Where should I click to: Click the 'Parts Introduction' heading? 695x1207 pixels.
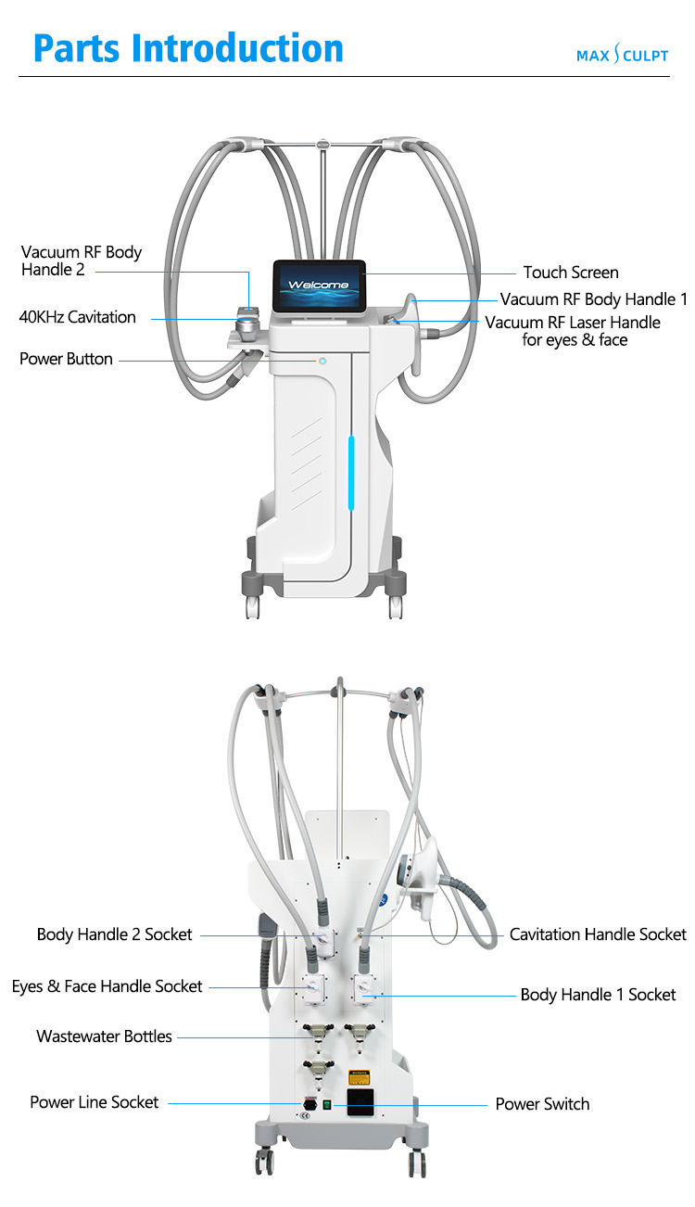click(188, 47)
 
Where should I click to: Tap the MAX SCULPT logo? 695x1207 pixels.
click(622, 56)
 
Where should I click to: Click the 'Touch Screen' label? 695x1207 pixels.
click(571, 273)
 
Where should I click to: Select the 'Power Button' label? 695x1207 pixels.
click(67, 359)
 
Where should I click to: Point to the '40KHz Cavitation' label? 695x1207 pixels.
click(78, 317)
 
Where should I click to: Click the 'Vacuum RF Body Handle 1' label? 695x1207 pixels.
click(594, 299)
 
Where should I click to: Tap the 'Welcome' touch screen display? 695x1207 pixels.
click(319, 285)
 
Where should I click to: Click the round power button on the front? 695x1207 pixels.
click(322, 361)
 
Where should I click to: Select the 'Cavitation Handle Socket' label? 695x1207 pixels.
click(598, 934)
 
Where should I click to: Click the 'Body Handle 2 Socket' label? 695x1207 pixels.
click(115, 934)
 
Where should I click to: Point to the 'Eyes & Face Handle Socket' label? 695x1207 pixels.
click(107, 986)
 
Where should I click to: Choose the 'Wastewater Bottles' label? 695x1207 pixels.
click(104, 1036)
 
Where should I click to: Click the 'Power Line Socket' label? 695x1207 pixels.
click(95, 1102)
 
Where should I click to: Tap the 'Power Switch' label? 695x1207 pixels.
click(542, 1104)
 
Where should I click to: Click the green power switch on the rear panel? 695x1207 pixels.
click(326, 1104)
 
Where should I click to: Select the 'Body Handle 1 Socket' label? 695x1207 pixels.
click(598, 995)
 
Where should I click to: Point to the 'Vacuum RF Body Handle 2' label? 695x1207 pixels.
click(82, 260)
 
